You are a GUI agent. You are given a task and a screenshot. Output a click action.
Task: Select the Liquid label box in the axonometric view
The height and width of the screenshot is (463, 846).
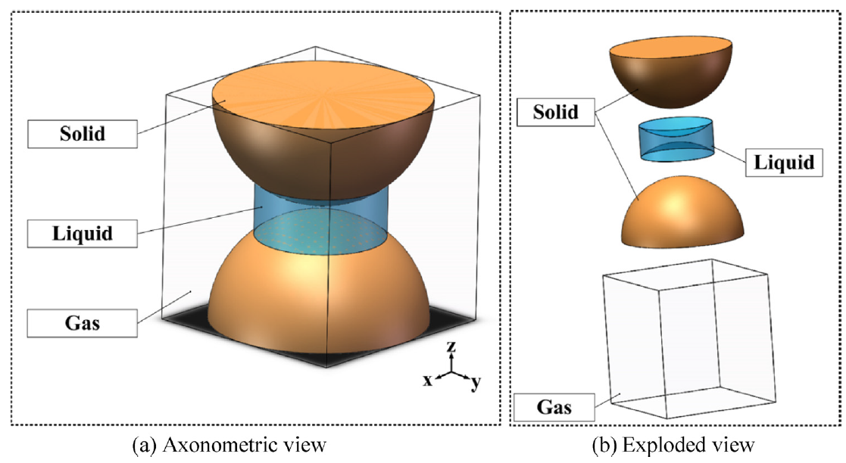coord(83,232)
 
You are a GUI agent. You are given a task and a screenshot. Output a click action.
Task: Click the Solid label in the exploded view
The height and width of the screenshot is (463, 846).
coord(555,113)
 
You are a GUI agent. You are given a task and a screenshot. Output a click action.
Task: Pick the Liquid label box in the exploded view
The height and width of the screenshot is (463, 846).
coord(785,162)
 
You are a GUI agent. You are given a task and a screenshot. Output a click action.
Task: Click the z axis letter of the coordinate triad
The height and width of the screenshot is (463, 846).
coord(451,347)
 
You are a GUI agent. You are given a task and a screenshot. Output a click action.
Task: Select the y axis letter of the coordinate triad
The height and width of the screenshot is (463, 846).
coord(475,383)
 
